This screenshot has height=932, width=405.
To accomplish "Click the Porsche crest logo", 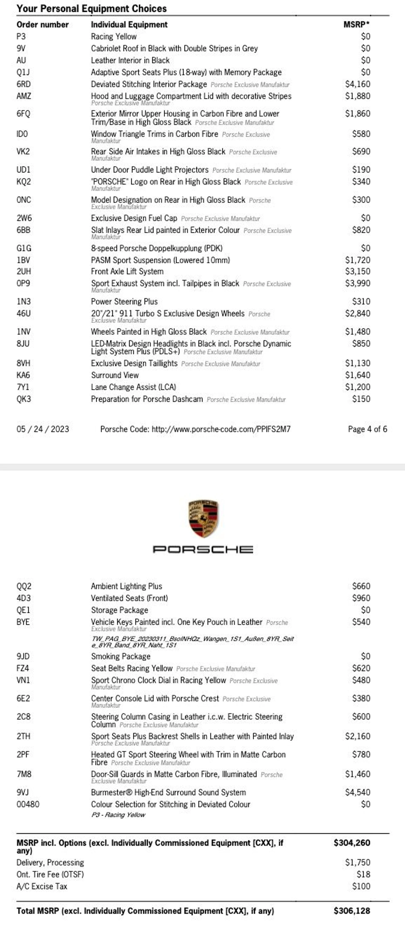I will [x=203, y=518].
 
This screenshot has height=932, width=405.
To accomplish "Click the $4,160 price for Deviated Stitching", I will [x=357, y=84].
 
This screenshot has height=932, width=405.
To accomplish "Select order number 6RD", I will [x=23, y=84].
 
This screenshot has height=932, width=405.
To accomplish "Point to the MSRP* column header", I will [x=356, y=25].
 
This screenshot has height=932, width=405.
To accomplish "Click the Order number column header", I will [x=42, y=25].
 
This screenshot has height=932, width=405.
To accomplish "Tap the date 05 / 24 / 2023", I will [x=43, y=429].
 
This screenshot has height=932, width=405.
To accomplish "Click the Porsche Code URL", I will [x=195, y=429].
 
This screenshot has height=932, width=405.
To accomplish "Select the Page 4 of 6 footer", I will [x=367, y=429].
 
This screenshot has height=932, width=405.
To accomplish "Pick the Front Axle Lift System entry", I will [x=127, y=271].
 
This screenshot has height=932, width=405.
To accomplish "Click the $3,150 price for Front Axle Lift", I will [x=357, y=271].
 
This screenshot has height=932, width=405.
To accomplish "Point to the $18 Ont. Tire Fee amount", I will [x=363, y=874].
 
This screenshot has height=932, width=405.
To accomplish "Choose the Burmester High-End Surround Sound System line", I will [x=168, y=792].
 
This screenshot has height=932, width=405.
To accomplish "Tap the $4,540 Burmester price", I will [x=357, y=792].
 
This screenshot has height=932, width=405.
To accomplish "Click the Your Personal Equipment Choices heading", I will [x=92, y=9].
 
